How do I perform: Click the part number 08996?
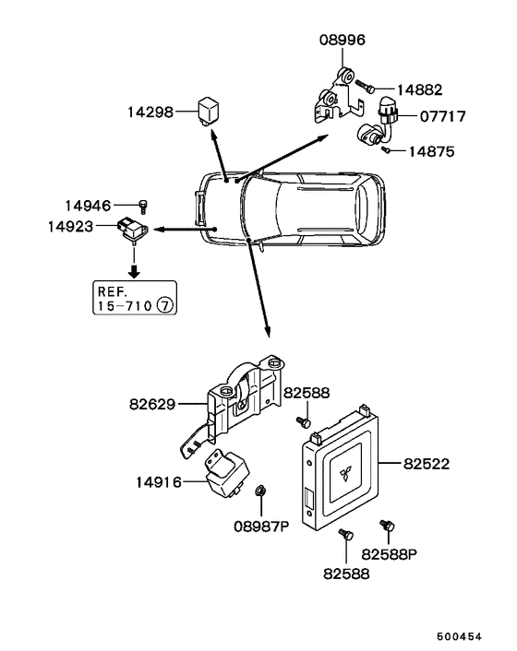pyautogui.click(x=343, y=41)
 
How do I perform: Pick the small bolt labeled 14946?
pyautogui.click(x=143, y=205)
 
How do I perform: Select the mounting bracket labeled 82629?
pyautogui.click(x=235, y=401)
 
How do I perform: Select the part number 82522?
pyautogui.click(x=426, y=464)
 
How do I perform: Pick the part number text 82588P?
pyautogui.click(x=391, y=554)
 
